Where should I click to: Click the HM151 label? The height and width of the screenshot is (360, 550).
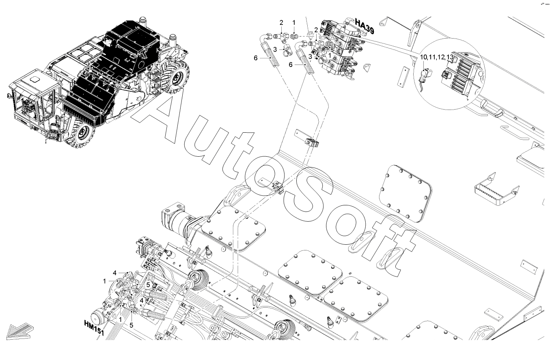tap(94, 328)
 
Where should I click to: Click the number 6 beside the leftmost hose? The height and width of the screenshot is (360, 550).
tap(256, 58)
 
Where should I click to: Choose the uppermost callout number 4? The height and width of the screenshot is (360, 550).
tap(115, 273)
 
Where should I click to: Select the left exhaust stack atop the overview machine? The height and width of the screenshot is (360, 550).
tap(142, 21)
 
